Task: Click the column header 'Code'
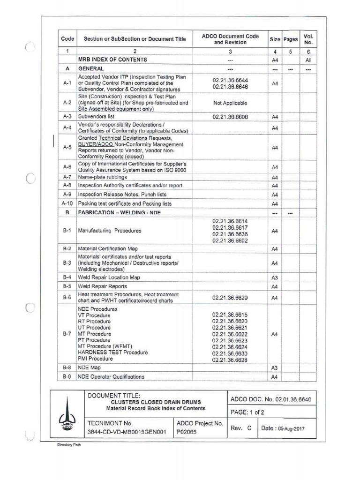(67, 39)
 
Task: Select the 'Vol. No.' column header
(308, 39)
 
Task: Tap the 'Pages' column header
(290, 39)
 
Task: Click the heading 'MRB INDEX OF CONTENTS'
(112, 60)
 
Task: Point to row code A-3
(67, 116)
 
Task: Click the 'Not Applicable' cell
(230, 103)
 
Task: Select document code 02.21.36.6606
(230, 116)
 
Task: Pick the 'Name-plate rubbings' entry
(102, 178)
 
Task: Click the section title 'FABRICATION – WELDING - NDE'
(125, 212)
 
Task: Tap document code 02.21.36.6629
(230, 298)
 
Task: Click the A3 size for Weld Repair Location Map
(275, 277)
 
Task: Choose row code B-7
(67, 334)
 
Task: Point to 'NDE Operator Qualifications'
(111, 377)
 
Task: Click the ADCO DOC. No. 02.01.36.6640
(271, 400)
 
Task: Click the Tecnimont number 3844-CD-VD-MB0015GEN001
(127, 433)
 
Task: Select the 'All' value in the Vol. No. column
(308, 60)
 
